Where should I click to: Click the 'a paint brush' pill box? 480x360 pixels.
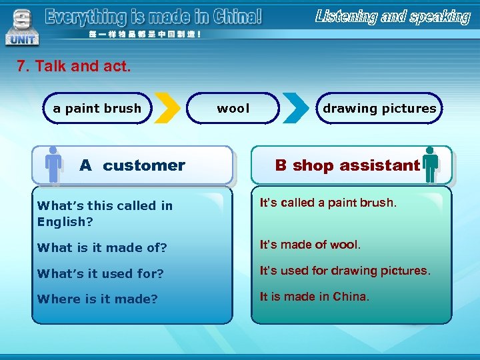(x=97, y=109)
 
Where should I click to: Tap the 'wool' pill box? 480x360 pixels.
(x=233, y=109)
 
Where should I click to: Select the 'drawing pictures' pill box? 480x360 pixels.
(x=379, y=109)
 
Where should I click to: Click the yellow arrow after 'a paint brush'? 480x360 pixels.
(x=170, y=109)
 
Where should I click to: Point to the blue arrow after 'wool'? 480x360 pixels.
(x=295, y=109)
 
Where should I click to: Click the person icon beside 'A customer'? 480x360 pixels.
(x=53, y=165)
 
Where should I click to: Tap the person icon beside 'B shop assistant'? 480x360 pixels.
(x=431, y=165)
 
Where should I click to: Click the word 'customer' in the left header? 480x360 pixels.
(x=144, y=165)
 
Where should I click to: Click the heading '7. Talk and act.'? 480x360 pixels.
(x=74, y=67)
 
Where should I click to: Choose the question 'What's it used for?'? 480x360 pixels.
(x=101, y=273)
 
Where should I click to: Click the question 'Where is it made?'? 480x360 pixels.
(x=97, y=299)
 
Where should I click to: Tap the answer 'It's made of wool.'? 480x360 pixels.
(x=310, y=245)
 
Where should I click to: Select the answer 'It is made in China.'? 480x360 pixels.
(x=314, y=297)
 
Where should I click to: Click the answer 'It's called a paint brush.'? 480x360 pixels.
(x=328, y=203)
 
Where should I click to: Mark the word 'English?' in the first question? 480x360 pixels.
(x=65, y=222)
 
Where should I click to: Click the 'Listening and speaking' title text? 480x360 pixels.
(x=393, y=17)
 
